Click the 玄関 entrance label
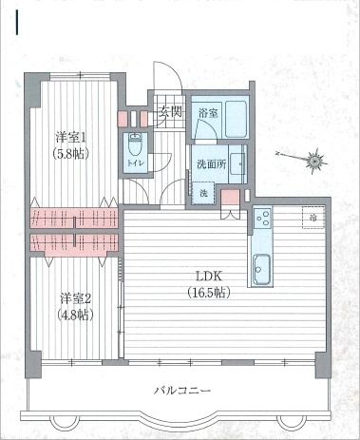[x=170, y=113]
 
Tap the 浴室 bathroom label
[x=208, y=113]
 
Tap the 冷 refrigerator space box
[x=313, y=218]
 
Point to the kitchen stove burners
[x=262, y=220]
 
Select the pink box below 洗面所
[x=229, y=196]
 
